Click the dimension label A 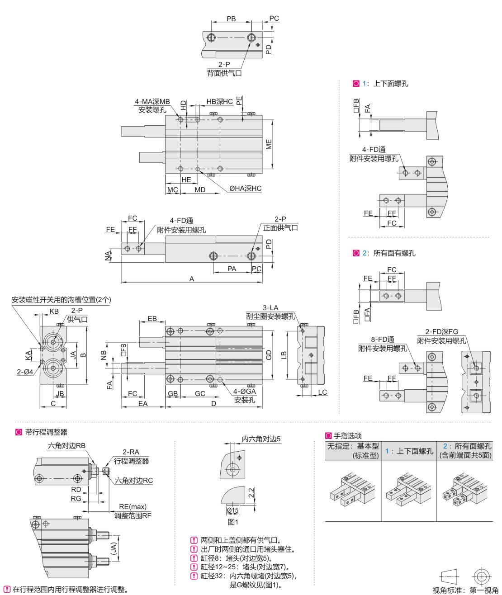coord(192,279)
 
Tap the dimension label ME coord(269,145)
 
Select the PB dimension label coord(231,19)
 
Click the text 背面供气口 coord(224,73)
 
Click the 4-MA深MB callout coord(152,102)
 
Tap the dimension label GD coord(269,355)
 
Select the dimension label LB coord(284,355)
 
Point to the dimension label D coord(214,403)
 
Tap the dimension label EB coord(152,318)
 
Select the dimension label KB coord(54,312)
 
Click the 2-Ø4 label coord(24,372)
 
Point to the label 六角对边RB coord(66,446)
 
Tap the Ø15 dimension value coord(233,510)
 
